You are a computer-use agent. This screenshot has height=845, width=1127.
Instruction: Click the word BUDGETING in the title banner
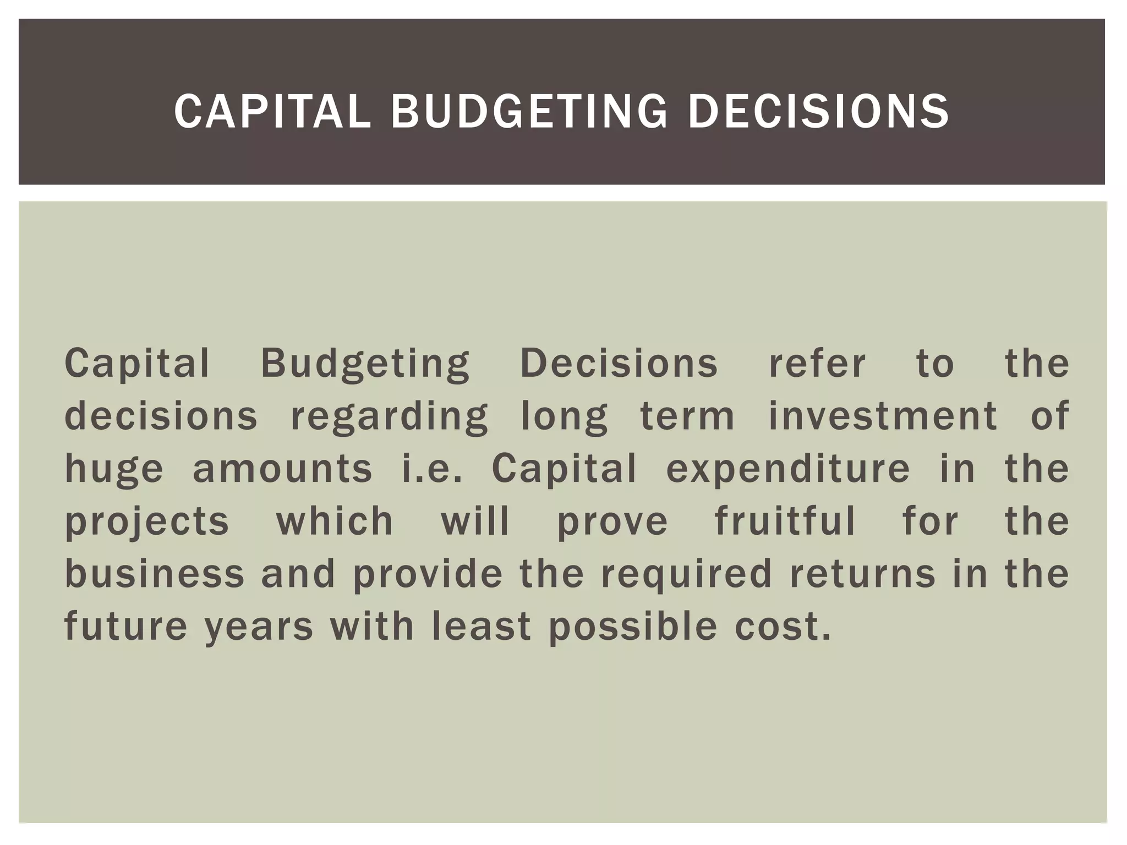point(529,112)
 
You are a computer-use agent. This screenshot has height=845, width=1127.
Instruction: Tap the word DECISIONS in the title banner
point(818,112)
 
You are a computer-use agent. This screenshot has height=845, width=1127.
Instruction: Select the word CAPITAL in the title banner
point(272,112)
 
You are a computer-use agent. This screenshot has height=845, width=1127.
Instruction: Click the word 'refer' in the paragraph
point(817,364)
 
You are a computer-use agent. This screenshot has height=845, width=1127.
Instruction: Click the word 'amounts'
point(282,469)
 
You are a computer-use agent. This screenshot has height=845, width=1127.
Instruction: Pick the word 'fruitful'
point(785,520)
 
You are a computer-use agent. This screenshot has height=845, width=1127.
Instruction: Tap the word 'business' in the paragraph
point(155,573)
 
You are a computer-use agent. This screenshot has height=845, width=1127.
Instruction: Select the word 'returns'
point(862,573)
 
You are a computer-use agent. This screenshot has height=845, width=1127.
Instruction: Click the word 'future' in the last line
point(126,626)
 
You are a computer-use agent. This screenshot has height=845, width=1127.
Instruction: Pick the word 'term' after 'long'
point(687,416)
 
